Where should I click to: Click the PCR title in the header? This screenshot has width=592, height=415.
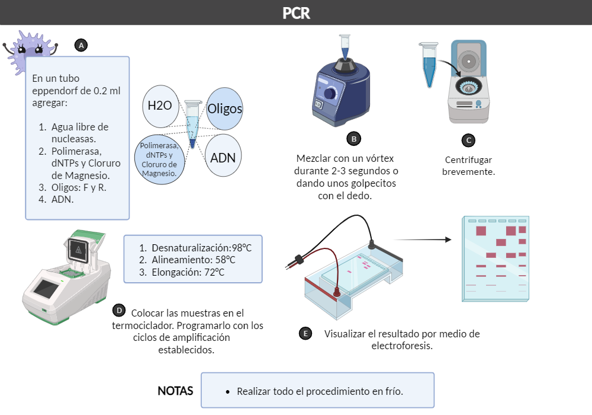pyautogui.click(x=296, y=13)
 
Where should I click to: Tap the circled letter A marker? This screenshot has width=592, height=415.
pyautogui.click(x=81, y=46)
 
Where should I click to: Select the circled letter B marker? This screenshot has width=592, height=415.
pyautogui.click(x=354, y=139)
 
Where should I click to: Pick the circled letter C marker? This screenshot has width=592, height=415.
pyautogui.click(x=468, y=141)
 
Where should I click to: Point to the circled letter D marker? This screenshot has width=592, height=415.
pyautogui.click(x=119, y=311)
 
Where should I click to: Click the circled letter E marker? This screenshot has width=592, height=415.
pyautogui.click(x=305, y=333)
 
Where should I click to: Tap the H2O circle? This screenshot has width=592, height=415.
pyautogui.click(x=160, y=106)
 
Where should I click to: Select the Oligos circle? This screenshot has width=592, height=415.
pyautogui.click(x=224, y=109)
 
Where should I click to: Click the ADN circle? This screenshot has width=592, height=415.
pyautogui.click(x=223, y=156)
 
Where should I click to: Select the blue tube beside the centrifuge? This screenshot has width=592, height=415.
pyautogui.click(x=429, y=65)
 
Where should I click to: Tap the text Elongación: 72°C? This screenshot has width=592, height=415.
pyautogui.click(x=188, y=272)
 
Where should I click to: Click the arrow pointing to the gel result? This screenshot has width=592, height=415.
pyautogui.click(x=423, y=240)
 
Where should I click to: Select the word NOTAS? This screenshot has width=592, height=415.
pyautogui.click(x=175, y=391)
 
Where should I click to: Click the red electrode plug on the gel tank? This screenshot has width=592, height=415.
pyautogui.click(x=336, y=292)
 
